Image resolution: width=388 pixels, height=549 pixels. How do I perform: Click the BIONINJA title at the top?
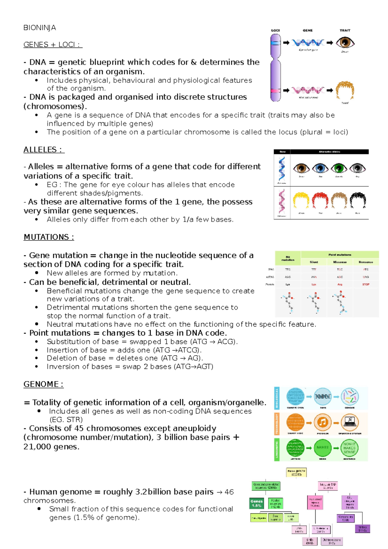point(39,28)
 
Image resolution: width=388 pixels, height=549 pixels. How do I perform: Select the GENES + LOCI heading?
point(53,45)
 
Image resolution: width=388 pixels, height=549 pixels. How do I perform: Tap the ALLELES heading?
point(44,150)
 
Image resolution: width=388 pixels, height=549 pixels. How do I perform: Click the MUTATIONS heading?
point(49,237)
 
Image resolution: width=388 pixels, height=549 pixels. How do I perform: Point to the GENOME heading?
point(43,384)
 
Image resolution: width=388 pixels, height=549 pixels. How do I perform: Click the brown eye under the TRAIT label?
point(345,42)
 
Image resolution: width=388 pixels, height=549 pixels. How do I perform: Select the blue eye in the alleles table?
point(320,168)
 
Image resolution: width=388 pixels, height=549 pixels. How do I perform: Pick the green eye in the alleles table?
point(339,168)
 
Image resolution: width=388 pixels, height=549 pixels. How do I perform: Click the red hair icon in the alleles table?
point(320,201)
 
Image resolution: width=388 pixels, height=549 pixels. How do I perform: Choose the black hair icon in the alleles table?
point(358,201)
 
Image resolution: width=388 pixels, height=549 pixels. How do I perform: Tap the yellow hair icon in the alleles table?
point(301,201)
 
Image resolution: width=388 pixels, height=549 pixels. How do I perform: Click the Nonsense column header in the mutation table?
point(366,262)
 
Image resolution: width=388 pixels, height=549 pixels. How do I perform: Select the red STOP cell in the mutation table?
point(366,284)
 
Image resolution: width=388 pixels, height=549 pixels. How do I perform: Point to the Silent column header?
point(314,262)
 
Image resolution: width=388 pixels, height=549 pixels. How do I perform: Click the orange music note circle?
point(322,422)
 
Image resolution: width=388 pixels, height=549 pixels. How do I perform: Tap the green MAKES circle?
point(322,447)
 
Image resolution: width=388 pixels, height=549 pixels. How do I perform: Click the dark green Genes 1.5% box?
point(257,503)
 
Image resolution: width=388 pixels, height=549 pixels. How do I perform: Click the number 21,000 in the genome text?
point(38,447)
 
